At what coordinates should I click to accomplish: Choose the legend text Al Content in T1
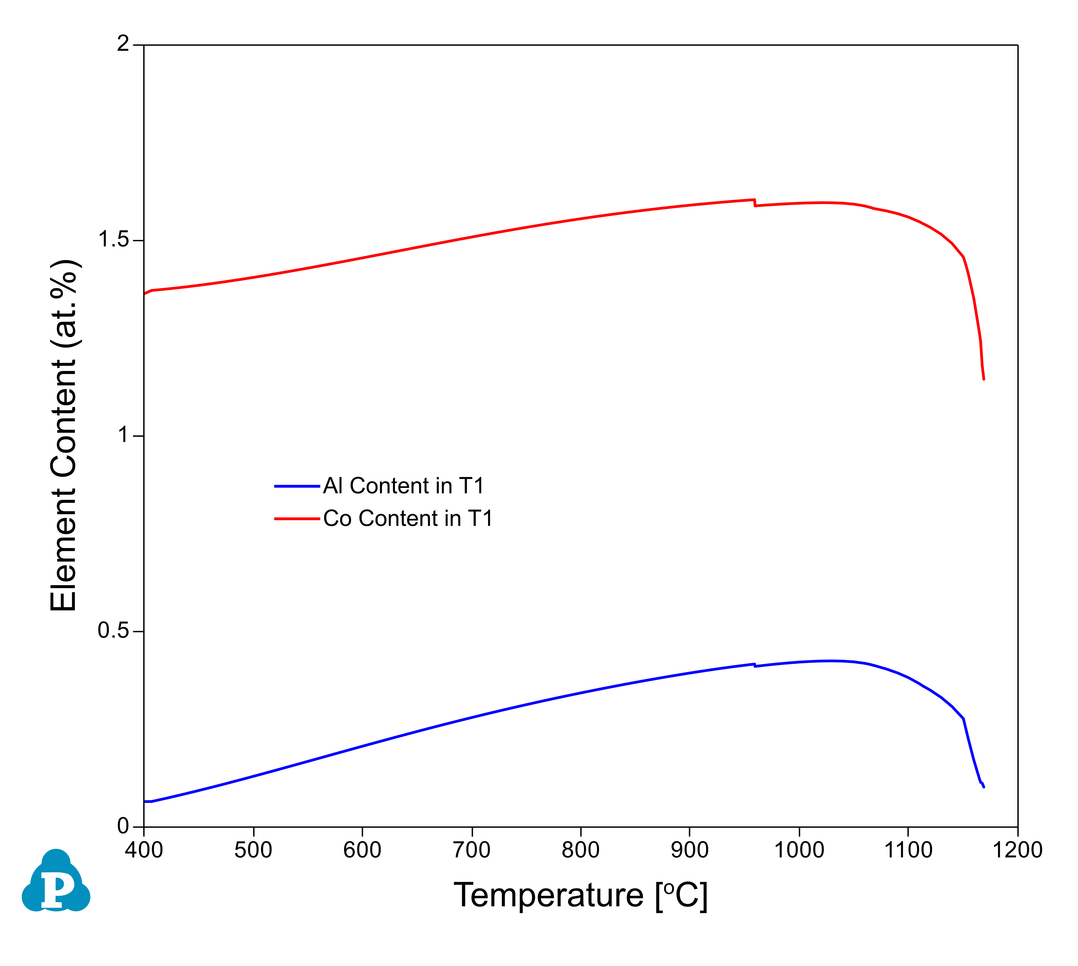pos(403,486)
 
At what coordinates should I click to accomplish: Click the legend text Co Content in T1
pos(408,519)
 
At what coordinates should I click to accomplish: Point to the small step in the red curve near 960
pos(754,203)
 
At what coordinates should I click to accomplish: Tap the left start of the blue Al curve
pos(145,801)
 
